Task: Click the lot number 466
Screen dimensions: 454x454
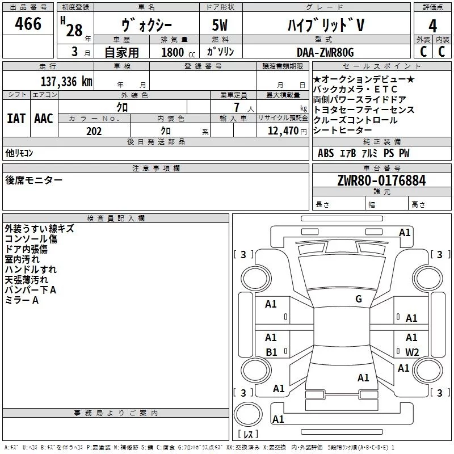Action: tap(28, 23)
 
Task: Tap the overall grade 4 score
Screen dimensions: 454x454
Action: tap(432, 26)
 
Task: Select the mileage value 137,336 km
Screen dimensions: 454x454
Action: tap(66, 81)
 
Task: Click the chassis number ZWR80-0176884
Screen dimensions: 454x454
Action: tap(381, 180)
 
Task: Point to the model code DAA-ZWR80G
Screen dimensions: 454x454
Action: tap(325, 52)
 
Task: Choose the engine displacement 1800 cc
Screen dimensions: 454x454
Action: tap(178, 52)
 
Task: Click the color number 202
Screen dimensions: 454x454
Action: tap(94, 131)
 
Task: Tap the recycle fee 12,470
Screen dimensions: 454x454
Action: tap(283, 131)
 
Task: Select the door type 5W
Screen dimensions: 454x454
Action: tap(220, 25)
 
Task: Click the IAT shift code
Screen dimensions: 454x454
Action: tap(16, 119)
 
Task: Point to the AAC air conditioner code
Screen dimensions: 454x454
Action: tap(44, 119)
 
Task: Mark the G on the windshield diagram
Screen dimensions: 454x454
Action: tap(359, 299)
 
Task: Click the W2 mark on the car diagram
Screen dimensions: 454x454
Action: tap(412, 352)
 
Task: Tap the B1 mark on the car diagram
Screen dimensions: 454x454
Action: tap(271, 352)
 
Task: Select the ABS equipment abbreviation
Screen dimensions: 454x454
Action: tap(326, 153)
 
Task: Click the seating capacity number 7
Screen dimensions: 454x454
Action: tap(237, 107)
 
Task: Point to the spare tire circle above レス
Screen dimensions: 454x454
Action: tap(248, 414)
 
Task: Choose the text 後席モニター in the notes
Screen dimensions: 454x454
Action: tap(33, 180)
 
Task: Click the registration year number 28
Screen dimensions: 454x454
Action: tap(74, 30)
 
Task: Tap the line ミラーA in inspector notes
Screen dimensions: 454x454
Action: tap(22, 300)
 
